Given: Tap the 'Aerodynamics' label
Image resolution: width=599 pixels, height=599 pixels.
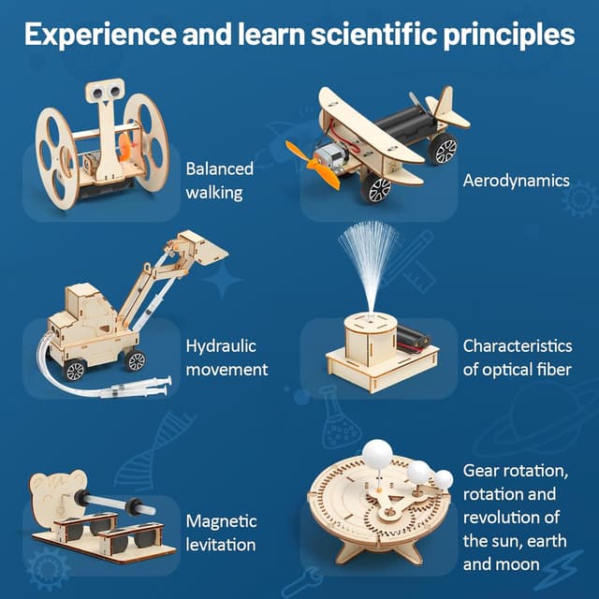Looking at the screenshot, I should point(515,180).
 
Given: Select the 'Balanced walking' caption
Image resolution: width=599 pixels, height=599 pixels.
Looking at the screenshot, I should point(220,181).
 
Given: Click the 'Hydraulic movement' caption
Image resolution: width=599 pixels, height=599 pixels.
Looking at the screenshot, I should point(226,358).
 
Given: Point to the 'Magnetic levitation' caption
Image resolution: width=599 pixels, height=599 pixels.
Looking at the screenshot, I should point(220,532).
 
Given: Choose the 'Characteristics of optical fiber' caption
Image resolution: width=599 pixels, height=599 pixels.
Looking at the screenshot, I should point(517,358).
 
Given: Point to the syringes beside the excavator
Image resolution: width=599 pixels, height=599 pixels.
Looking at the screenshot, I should point(140,387).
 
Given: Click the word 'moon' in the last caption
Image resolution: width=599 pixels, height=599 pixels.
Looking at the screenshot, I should point(515,564).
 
